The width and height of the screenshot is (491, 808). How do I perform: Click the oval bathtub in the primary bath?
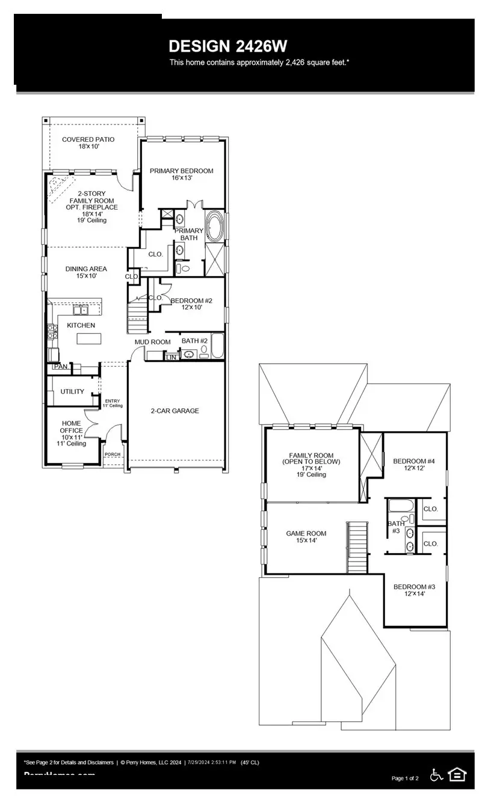point(214,226)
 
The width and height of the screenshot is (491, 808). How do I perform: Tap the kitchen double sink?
point(80,310)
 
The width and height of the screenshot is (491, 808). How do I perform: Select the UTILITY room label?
point(72,392)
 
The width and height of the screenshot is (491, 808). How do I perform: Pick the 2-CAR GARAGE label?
point(174,411)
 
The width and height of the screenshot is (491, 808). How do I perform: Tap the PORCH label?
point(113,455)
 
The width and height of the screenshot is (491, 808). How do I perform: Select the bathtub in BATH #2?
point(217,347)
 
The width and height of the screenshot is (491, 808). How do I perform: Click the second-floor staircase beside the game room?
point(356,547)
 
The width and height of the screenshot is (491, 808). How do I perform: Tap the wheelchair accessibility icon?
point(436,775)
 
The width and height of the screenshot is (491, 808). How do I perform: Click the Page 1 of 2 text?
point(405,779)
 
